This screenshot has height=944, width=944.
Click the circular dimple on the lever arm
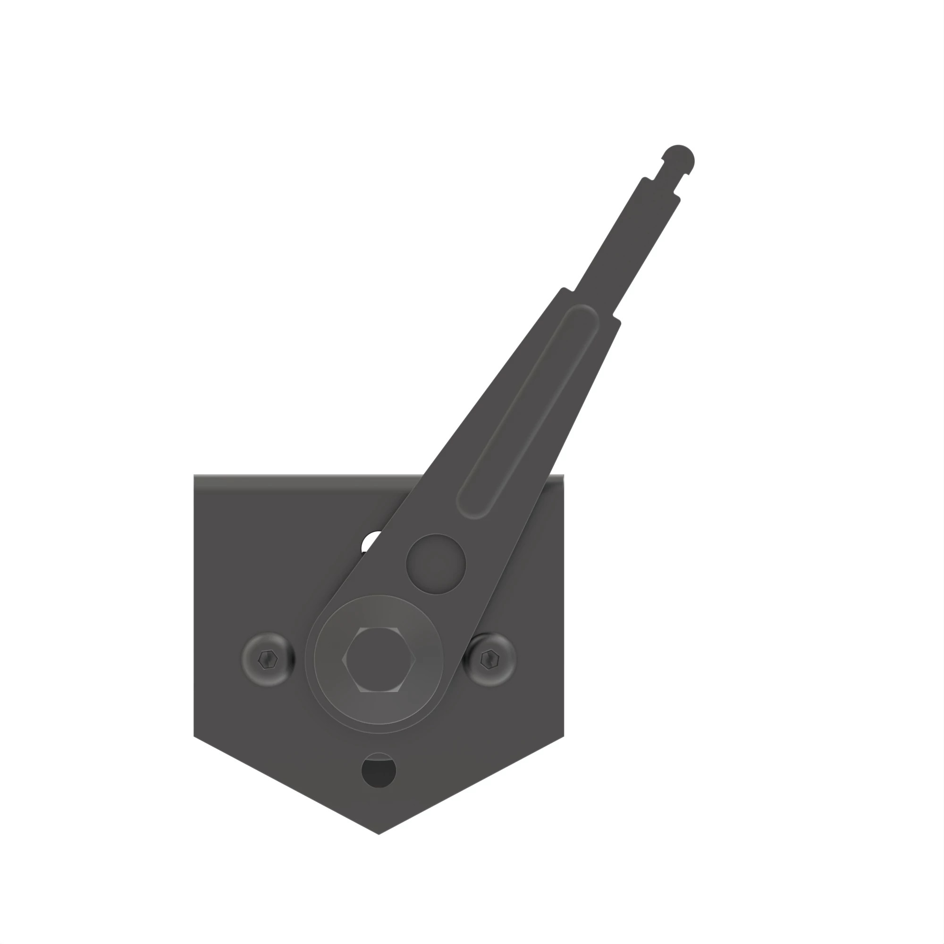click(436, 565)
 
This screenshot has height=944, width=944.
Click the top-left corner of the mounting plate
click(195, 475)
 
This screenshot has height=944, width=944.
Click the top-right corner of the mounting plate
click(563, 475)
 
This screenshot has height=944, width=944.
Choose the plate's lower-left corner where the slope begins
click(194, 736)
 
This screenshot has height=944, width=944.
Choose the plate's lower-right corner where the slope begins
click(564, 736)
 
